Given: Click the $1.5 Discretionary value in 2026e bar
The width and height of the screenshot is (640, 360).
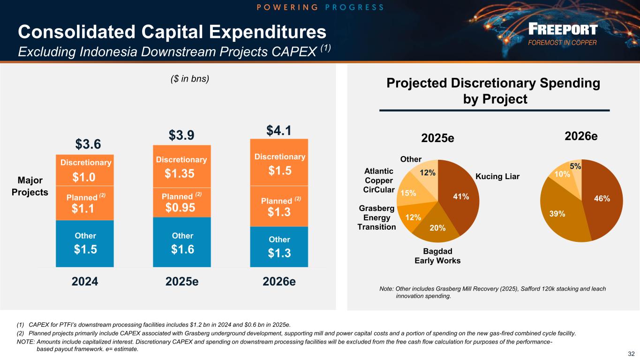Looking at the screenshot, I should (279, 171).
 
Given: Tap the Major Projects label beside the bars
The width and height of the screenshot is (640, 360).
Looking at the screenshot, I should (30, 187).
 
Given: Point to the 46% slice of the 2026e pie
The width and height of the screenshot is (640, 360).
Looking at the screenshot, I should (602, 199).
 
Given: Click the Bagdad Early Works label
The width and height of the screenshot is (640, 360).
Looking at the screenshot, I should (437, 256).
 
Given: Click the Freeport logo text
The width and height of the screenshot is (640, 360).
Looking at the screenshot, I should (562, 30).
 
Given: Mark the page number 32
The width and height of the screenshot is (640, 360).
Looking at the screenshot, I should (631, 354).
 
